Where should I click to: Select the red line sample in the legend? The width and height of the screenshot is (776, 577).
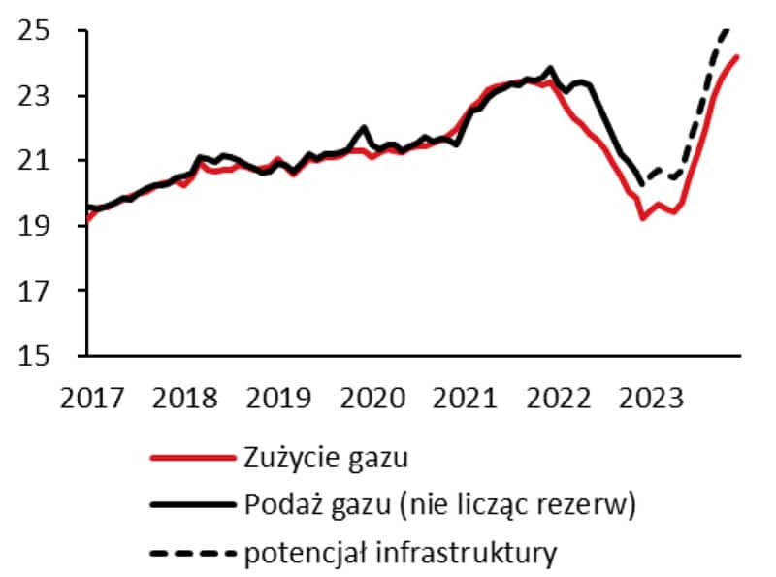(x=192, y=455)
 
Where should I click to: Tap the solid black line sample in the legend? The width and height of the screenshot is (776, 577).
(x=192, y=504)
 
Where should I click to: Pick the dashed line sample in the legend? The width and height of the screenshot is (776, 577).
(x=192, y=555)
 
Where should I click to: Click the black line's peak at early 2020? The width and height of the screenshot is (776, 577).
(x=365, y=127)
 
